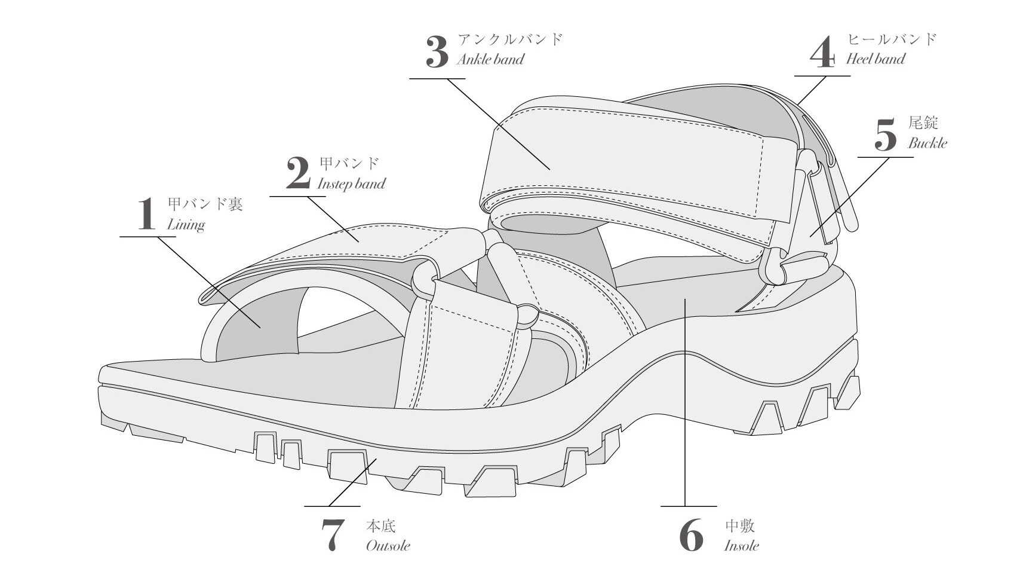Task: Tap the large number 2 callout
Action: pyautogui.click(x=298, y=173)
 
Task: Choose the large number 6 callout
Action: pyautogui.click(x=692, y=536)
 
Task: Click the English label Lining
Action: pyautogui.click(x=186, y=225)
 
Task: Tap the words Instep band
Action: pyautogui.click(x=351, y=184)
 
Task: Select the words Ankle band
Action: pyautogui.click(x=490, y=59)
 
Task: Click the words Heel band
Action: pyautogui.click(x=876, y=59)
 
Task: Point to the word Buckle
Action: pyautogui.click(x=927, y=143)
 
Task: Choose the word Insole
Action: pyautogui.click(x=742, y=545)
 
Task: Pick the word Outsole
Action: pyautogui.click(x=388, y=545)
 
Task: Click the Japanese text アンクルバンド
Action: pyautogui.click(x=510, y=39)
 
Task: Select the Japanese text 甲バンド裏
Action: pyautogui.click(x=205, y=204)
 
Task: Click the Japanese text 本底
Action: pyautogui.click(x=381, y=526)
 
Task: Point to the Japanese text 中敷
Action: pyautogui.click(x=740, y=526)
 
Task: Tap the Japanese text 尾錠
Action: pyautogui.click(x=923, y=123)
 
